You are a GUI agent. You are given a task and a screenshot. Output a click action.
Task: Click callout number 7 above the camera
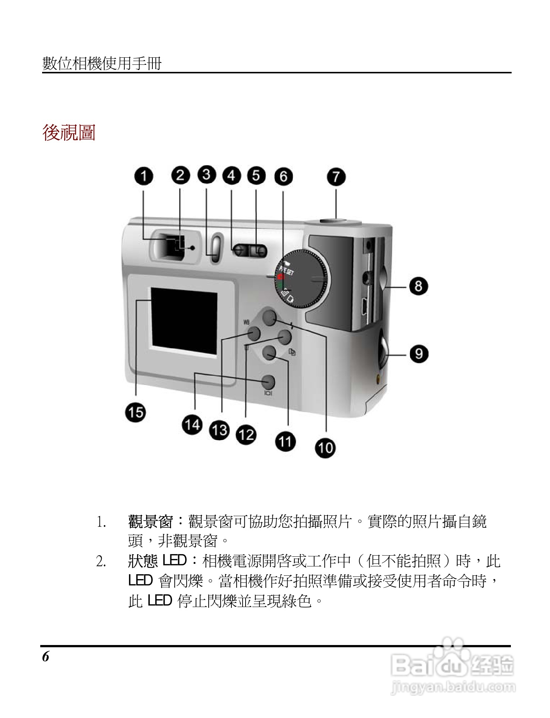pyautogui.click(x=336, y=177)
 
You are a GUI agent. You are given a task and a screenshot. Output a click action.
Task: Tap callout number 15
pyautogui.click(x=135, y=412)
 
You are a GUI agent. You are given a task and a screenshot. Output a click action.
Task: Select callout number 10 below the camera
pyautogui.click(x=325, y=447)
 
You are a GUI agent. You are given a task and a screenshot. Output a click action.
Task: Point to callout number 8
pyautogui.click(x=418, y=286)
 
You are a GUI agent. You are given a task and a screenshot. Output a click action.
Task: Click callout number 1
pyautogui.click(x=144, y=176)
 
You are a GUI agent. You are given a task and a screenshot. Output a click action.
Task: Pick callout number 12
pyautogui.click(x=246, y=434)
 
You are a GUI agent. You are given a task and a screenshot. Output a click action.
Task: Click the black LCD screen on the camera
pyautogui.click(x=184, y=321)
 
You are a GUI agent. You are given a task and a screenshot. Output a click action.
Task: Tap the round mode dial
pyautogui.click(x=303, y=279)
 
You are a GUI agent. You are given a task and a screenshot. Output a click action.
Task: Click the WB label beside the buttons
pyautogui.click(x=246, y=322)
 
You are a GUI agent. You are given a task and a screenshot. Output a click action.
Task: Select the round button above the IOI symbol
pyautogui.click(x=268, y=382)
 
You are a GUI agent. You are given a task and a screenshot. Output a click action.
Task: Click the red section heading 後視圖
pyautogui.click(x=69, y=133)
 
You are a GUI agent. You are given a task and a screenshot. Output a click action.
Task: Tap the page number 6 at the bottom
pyautogui.click(x=45, y=657)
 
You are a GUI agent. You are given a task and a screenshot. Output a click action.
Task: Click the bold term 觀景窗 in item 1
pyautogui.click(x=151, y=521)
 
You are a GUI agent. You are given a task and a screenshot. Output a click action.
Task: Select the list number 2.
pyautogui.click(x=101, y=561)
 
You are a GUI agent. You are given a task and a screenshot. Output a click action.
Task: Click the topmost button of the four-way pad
pyautogui.click(x=269, y=317)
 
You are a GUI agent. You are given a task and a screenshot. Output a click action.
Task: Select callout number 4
pyautogui.click(x=231, y=176)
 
